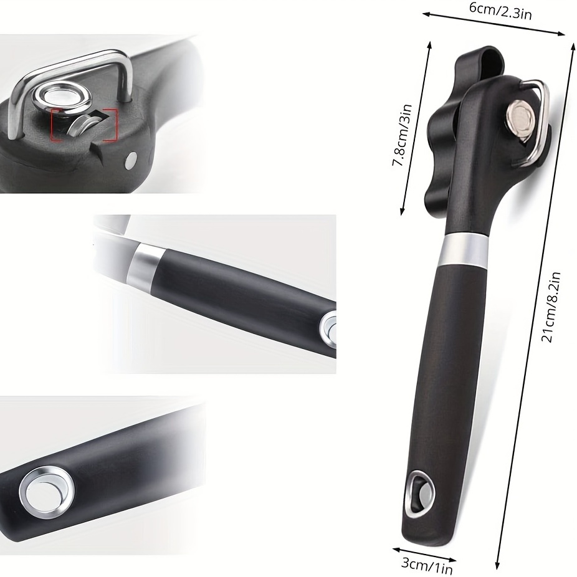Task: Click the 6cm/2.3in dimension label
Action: point(500,11)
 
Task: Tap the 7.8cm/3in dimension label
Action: point(401,135)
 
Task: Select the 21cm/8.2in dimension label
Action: point(551,307)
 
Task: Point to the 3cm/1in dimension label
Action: point(426,566)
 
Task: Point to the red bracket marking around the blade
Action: point(84,125)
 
